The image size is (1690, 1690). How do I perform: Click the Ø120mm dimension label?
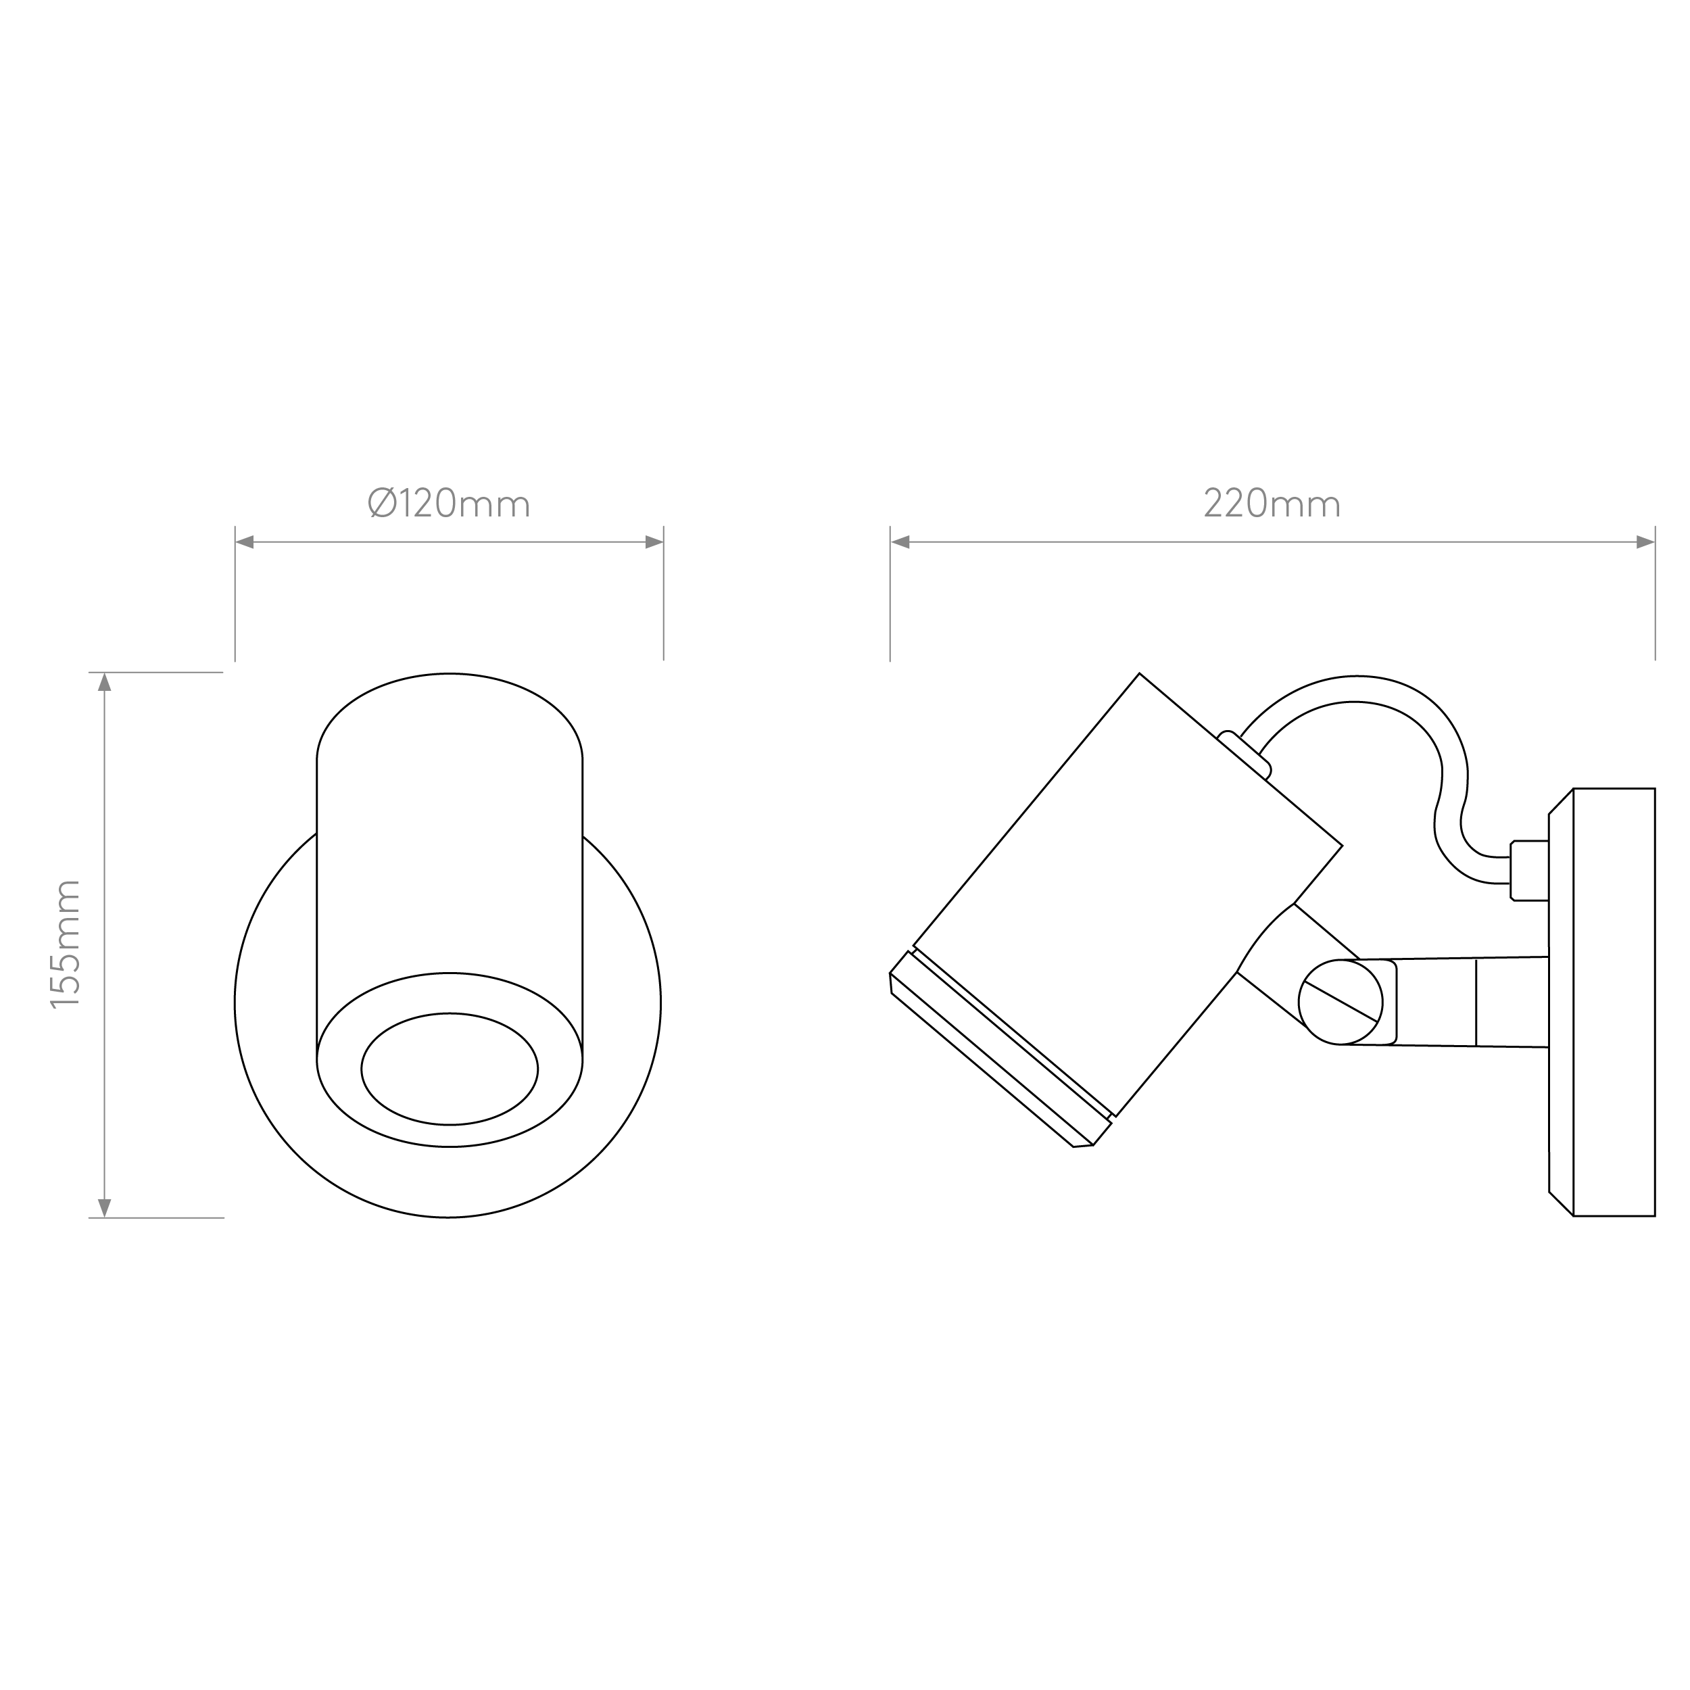449,504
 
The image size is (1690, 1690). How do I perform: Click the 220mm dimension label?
1272,504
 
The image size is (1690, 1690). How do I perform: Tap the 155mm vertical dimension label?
66,945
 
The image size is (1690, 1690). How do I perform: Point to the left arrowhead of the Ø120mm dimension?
245,542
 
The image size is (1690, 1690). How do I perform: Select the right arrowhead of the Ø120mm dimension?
654,542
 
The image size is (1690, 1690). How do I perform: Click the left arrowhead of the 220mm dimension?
900,542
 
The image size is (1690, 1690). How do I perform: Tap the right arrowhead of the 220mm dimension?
1645,542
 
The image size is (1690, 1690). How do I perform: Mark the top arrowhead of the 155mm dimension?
105,682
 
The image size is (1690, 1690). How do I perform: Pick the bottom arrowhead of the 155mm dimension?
105,1207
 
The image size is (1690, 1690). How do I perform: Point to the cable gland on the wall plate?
1529,871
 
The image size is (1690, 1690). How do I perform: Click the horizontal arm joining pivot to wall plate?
1470,1002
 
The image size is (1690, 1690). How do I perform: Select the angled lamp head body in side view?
1127,895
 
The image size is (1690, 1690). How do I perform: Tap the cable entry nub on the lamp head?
1244,754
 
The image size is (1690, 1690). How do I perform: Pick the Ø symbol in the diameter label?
382,504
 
